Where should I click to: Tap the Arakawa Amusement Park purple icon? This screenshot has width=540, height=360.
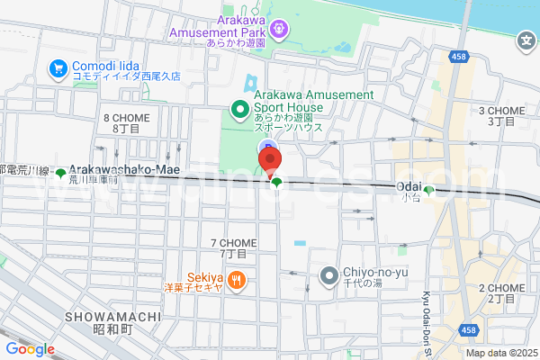pyautogui.click(x=280, y=28)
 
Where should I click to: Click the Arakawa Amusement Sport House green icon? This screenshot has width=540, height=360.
pyautogui.click(x=240, y=111)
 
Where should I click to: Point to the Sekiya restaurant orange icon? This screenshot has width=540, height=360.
pyautogui.click(x=238, y=282)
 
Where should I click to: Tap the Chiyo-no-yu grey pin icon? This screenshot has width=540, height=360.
pyautogui.click(x=329, y=275)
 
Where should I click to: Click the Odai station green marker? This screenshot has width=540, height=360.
pyautogui.click(x=429, y=190)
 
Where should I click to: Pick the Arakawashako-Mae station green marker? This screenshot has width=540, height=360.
pyautogui.click(x=60, y=173)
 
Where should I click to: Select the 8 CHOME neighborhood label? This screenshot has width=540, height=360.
pyautogui.click(x=125, y=123)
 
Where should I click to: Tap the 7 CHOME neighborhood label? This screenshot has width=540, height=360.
pyautogui.click(x=233, y=248)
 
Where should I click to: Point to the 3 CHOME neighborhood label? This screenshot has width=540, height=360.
pyautogui.click(x=506, y=114)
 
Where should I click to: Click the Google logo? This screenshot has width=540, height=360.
pyautogui.click(x=31, y=349)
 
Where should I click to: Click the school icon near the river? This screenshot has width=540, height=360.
pyautogui.click(x=526, y=40)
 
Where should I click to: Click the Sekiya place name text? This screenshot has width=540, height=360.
pyautogui.click(x=206, y=276)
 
